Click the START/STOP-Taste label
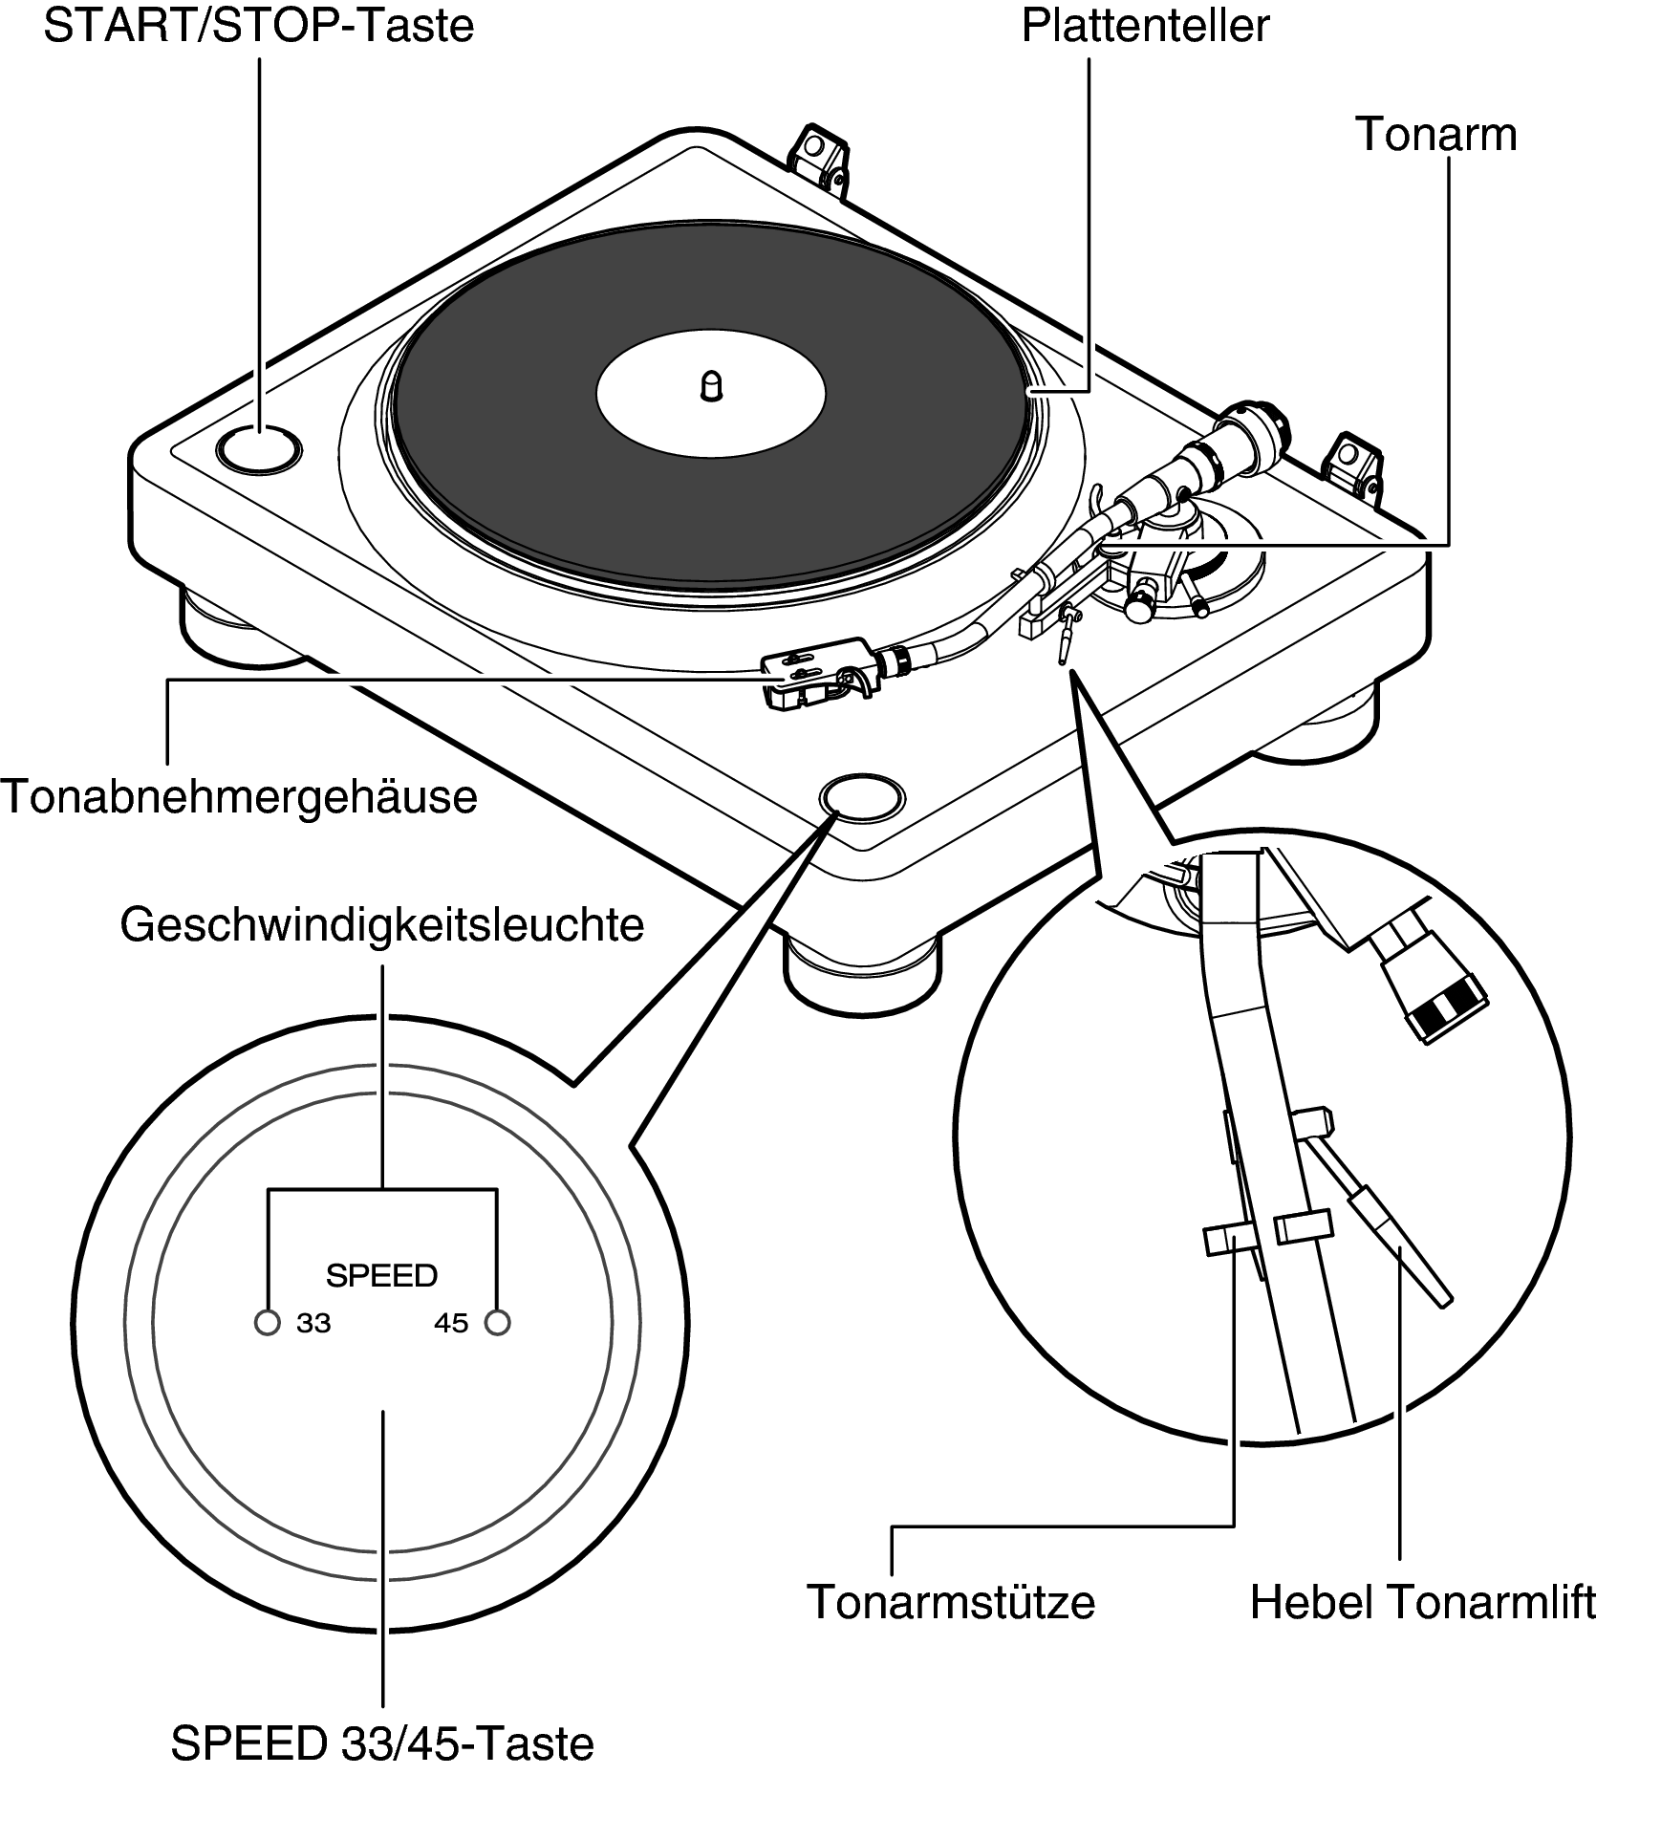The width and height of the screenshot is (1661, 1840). click(x=258, y=27)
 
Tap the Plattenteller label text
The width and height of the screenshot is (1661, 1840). click(x=1144, y=27)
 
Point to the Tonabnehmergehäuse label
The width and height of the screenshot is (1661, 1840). click(x=239, y=796)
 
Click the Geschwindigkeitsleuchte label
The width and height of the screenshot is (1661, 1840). click(x=382, y=924)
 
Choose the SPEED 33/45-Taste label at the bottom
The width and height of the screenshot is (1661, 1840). click(x=382, y=1743)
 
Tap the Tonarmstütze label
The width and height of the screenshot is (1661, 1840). click(x=951, y=1601)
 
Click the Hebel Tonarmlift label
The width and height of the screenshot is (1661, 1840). click(x=1422, y=1601)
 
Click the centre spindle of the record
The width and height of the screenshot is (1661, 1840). click(x=711, y=386)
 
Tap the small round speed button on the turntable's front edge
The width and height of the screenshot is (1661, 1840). click(x=861, y=798)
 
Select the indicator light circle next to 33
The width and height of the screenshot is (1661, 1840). click(x=268, y=1323)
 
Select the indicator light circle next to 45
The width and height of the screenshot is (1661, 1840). click(x=497, y=1323)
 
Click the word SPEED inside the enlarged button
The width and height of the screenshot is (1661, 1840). click(x=381, y=1275)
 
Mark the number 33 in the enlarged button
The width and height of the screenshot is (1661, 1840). click(x=313, y=1324)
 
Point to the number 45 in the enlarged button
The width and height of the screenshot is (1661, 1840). click(x=451, y=1324)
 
